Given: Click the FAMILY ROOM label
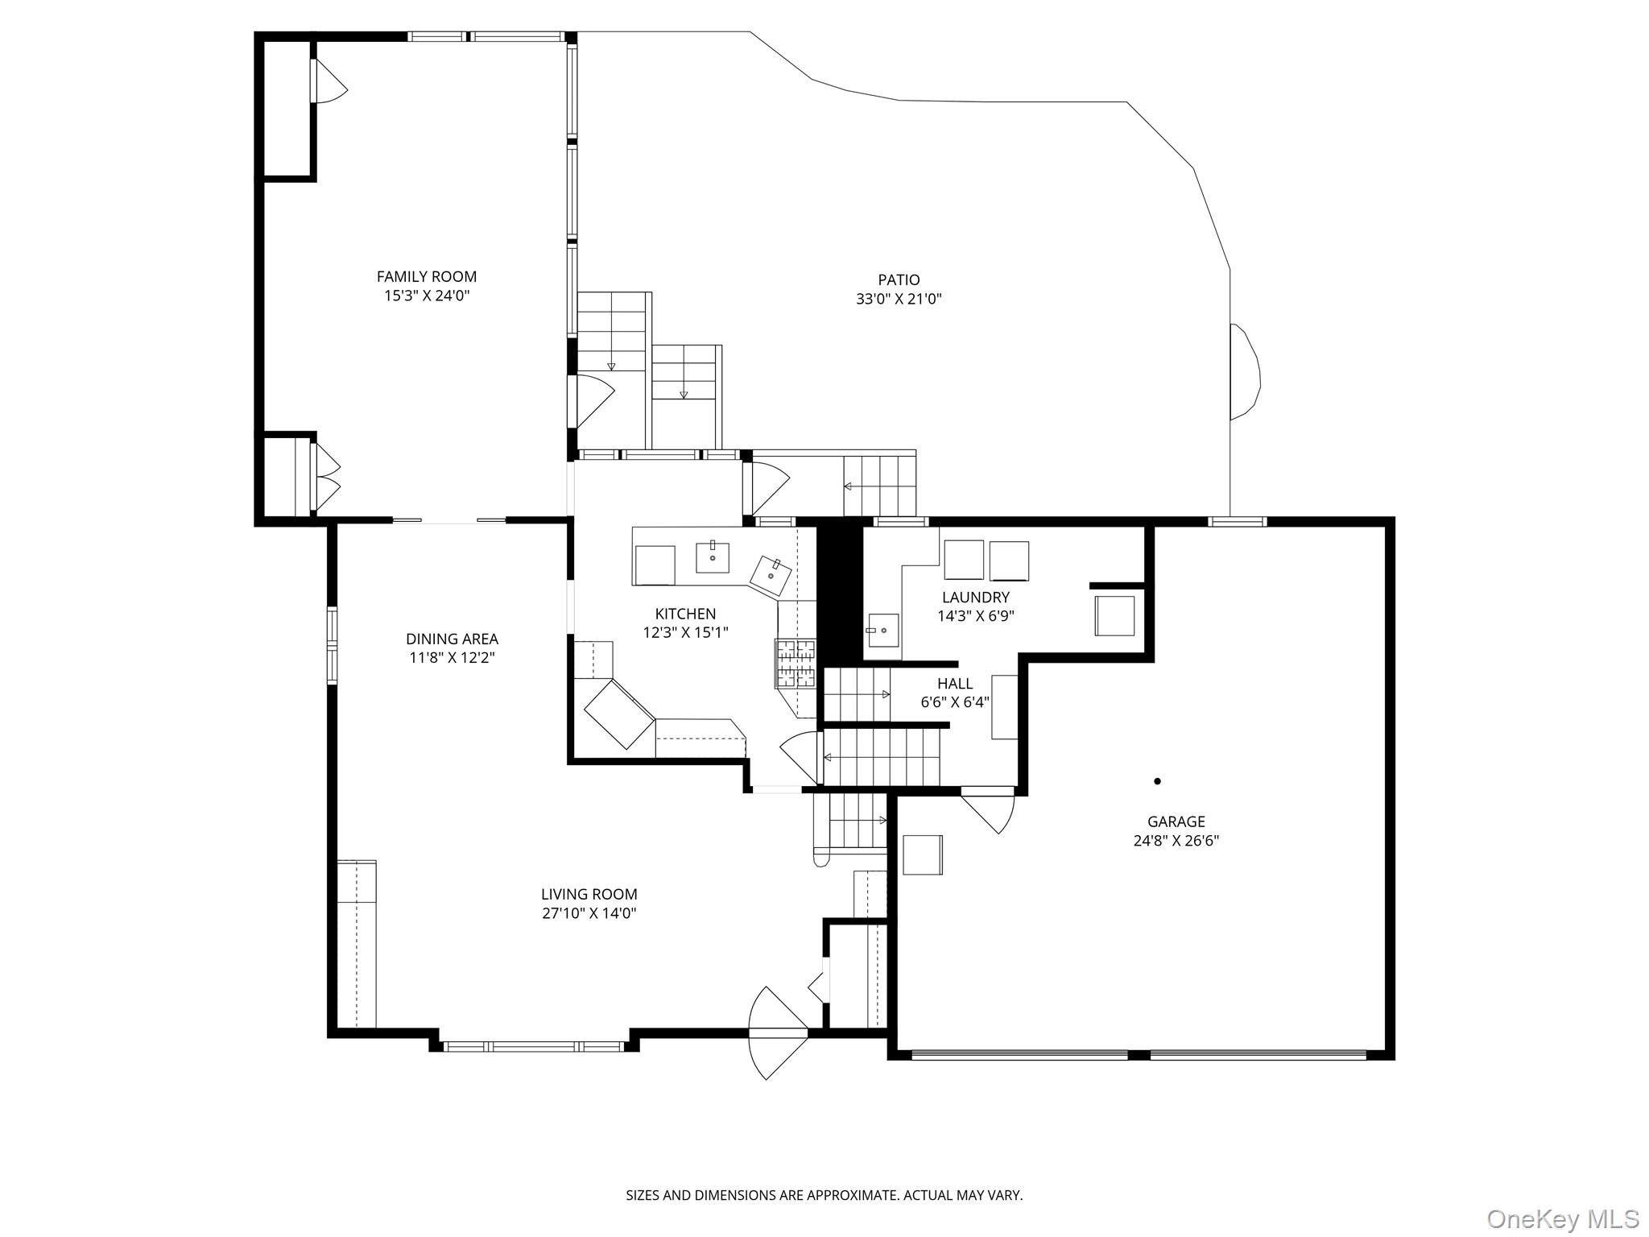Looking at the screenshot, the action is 427,276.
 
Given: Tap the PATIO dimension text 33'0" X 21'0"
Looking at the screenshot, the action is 899,300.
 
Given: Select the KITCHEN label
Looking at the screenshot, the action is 685,614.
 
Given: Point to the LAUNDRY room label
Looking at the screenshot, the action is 976,598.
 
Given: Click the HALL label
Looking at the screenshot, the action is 955,684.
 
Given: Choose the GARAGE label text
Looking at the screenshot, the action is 1176,821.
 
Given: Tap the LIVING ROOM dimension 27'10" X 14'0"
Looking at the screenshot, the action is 589,913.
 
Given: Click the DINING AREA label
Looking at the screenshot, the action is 452,639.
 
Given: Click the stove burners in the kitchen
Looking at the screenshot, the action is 796,664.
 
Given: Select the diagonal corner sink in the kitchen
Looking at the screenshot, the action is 771,575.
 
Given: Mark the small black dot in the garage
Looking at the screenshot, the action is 1157,781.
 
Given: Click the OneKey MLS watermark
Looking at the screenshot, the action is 1563,1218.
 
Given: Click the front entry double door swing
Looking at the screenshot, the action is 778,1032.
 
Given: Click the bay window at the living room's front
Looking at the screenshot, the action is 534,1046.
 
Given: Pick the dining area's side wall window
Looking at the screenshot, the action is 332,646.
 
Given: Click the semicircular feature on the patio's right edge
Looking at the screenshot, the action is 1246,371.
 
